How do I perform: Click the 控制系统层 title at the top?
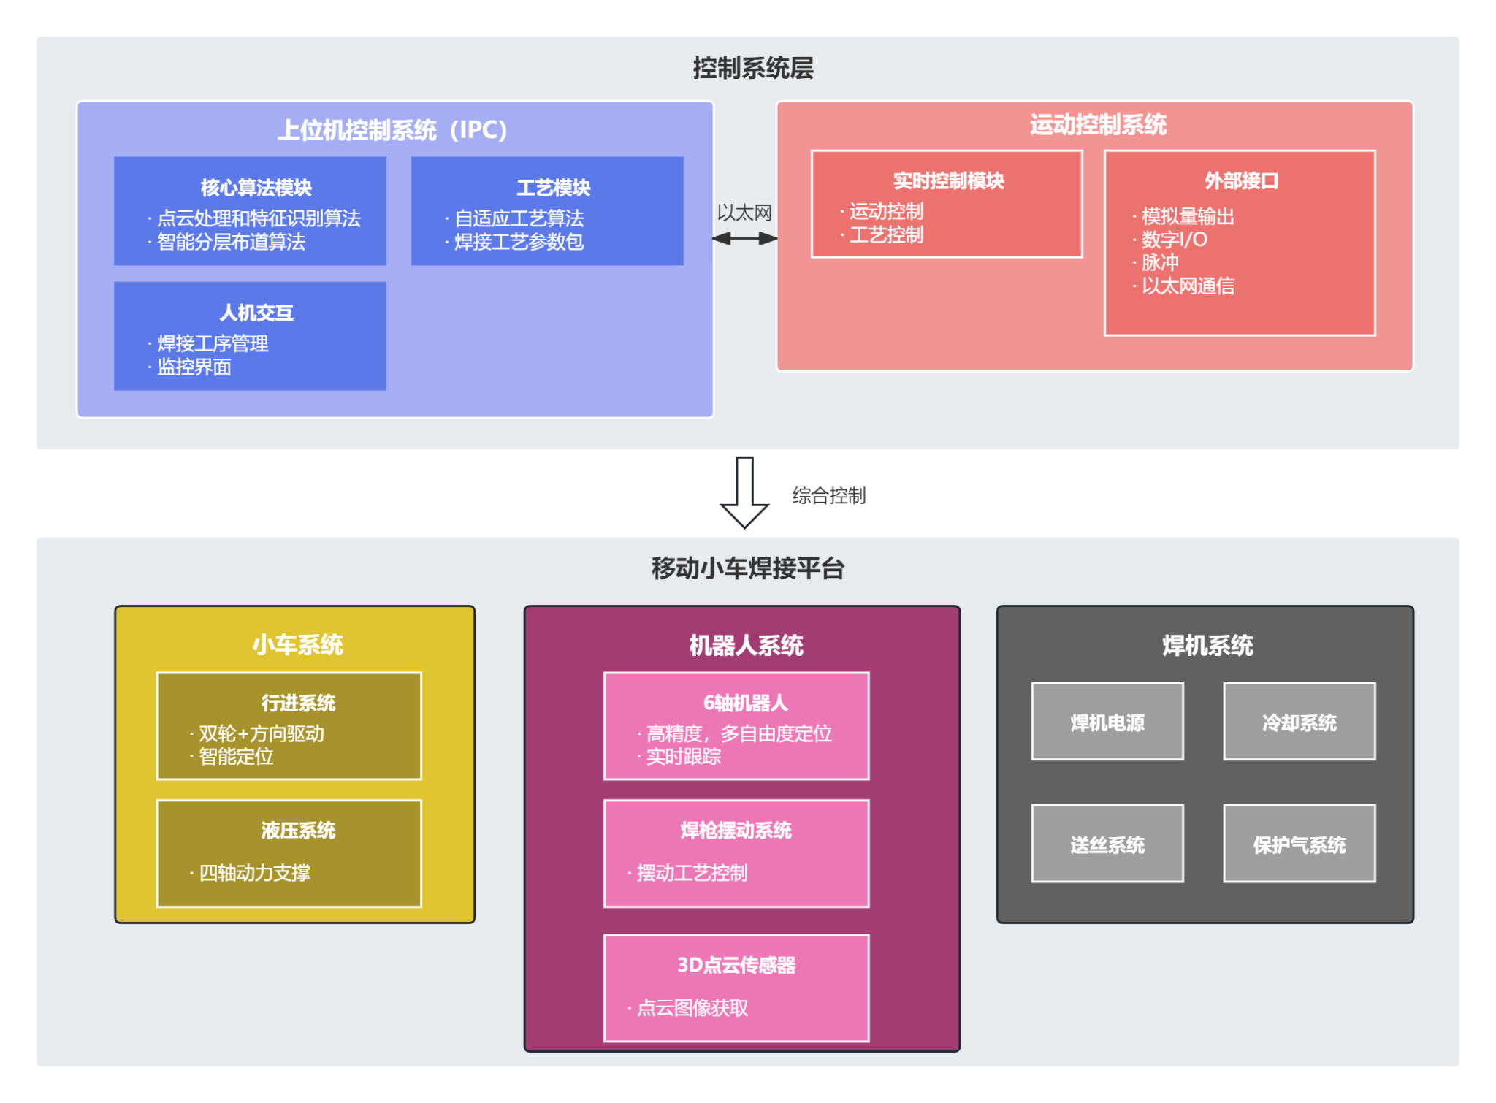click(753, 68)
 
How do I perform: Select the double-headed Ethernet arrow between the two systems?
click(744, 239)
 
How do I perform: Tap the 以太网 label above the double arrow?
click(744, 213)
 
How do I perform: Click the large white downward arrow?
click(744, 491)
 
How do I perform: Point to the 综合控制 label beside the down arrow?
click(829, 495)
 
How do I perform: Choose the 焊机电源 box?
click(1107, 722)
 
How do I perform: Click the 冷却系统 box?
click(1300, 722)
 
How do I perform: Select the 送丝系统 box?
click(1107, 844)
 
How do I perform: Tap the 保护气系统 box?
click(1300, 844)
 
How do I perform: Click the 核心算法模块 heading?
click(256, 188)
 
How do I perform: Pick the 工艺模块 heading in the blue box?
click(554, 188)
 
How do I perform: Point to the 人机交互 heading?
click(256, 313)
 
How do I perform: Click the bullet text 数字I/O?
click(1174, 240)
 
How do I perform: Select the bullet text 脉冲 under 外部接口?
click(1160, 263)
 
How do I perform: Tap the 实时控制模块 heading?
click(948, 180)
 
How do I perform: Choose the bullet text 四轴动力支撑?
click(254, 873)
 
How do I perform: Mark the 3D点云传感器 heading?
click(736, 965)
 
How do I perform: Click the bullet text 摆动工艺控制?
click(692, 873)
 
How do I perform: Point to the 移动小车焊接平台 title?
click(748, 568)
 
